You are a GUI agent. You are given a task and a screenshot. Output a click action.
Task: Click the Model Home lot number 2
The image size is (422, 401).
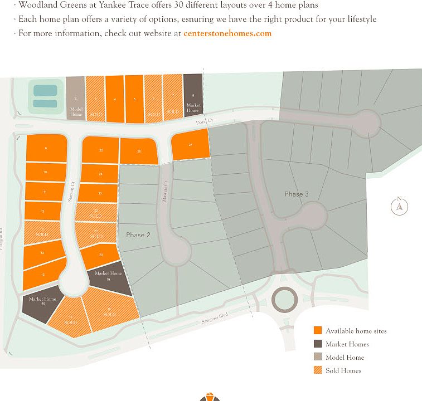(x=75, y=98)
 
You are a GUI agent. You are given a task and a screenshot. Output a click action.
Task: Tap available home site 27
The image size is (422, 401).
(x=190, y=145)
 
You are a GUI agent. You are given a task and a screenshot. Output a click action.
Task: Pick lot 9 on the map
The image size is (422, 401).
(x=46, y=148)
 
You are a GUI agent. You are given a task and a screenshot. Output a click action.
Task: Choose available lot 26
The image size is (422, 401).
(x=139, y=151)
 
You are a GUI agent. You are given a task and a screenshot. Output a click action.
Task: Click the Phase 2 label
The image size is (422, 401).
(x=138, y=235)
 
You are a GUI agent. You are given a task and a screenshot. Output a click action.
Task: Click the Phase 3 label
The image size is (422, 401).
(x=297, y=194)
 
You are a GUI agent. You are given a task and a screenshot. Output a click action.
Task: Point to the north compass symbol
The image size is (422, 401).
(x=399, y=207)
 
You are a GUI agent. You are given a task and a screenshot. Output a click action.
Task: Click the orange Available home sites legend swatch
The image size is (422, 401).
(x=318, y=331)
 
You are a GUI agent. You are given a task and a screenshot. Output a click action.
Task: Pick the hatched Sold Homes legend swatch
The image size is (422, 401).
(x=318, y=371)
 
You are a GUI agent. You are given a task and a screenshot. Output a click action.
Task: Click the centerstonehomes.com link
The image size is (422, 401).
(x=227, y=33)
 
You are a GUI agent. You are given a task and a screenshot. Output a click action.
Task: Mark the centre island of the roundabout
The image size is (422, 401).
(x=285, y=300)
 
